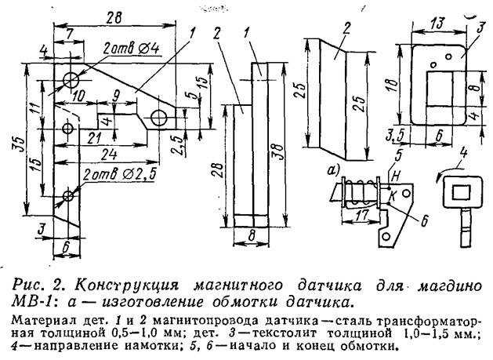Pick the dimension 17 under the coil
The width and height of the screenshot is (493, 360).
pyautogui.click(x=361, y=214)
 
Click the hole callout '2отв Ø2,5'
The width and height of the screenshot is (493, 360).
pyautogui.click(x=118, y=174)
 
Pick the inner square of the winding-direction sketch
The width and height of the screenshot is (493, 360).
pyautogui.click(x=458, y=189)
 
